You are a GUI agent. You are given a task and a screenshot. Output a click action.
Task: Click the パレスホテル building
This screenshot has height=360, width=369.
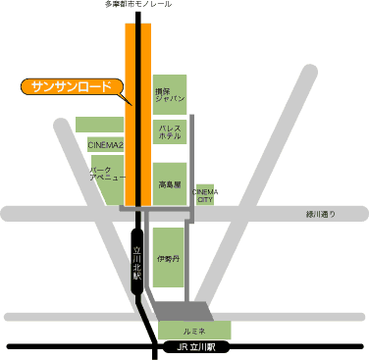pos(169,133)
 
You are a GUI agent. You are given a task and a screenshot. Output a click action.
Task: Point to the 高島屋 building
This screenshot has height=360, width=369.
pos(169,182)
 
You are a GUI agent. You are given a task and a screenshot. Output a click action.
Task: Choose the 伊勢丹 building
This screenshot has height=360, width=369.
pos(169,259)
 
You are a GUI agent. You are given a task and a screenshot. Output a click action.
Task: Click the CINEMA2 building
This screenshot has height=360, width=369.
pos(104,145)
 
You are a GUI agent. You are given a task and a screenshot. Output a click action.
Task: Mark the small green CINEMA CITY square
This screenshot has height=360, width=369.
pos(206,198)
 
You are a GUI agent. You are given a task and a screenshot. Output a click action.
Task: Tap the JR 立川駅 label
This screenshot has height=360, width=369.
pos(195,348)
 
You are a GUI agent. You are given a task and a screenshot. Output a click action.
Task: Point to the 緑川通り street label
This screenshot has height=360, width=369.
pos(320,214)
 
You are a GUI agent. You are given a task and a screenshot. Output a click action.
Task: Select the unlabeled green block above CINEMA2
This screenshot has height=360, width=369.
pos(99,125)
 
